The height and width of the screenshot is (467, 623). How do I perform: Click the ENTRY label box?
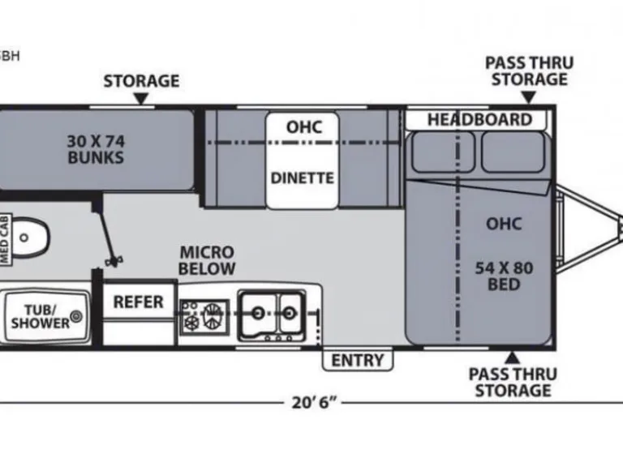tap(357, 359)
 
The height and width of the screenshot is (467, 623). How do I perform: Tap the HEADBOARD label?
tap(479, 120)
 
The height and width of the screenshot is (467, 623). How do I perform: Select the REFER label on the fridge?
tap(138, 302)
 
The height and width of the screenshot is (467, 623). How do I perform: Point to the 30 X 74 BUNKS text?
tap(96, 148)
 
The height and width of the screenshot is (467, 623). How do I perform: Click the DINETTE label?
tap(303, 178)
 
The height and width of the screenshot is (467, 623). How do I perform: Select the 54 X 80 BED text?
tap(504, 276)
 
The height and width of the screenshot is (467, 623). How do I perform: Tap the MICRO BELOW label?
tap(208, 260)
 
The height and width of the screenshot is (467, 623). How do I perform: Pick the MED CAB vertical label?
tap(6, 239)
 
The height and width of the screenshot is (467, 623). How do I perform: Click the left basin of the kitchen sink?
tap(260, 311)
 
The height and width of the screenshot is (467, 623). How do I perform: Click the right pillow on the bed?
tap(512, 152)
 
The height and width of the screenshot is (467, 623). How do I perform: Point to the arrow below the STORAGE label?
tap(141, 98)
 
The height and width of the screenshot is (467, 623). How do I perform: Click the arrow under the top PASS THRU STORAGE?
tap(529, 97)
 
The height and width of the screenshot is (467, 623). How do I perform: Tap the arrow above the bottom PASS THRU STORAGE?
tap(512, 356)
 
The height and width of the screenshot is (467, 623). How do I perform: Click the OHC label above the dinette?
tap(303, 127)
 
